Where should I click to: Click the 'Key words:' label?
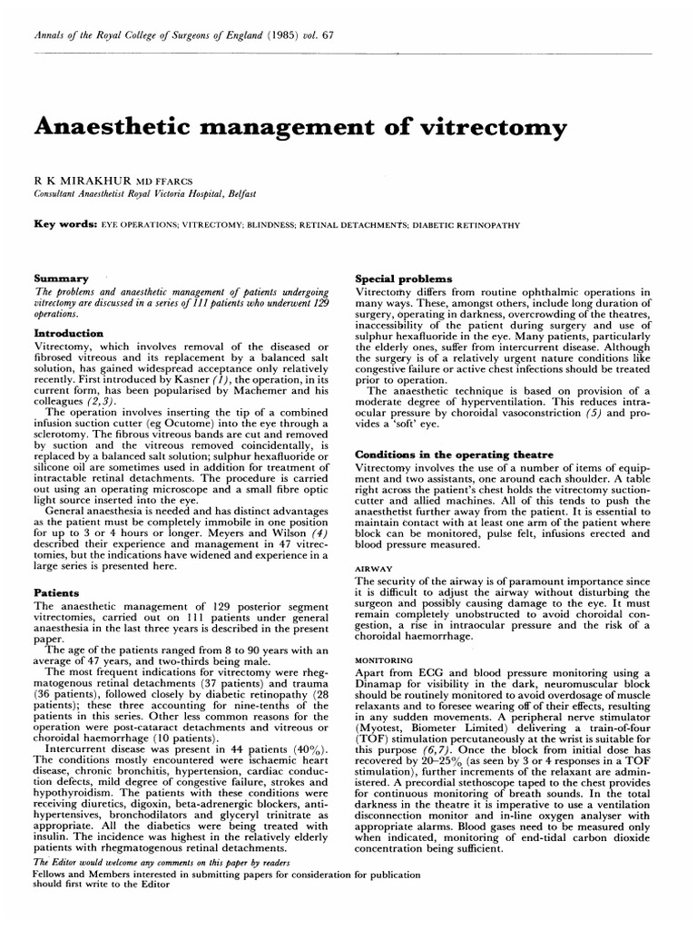[64, 222]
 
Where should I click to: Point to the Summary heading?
[61, 278]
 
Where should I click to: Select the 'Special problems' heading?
[398, 278]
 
